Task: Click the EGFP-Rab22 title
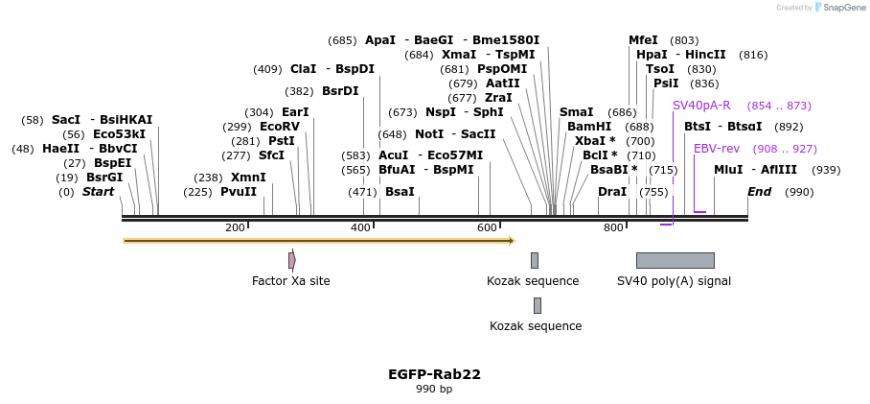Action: (434, 374)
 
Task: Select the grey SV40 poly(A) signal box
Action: (675, 260)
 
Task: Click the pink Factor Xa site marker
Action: (291, 260)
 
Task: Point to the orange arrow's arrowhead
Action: (512, 240)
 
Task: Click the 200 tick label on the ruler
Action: (235, 227)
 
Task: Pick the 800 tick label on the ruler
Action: (613, 227)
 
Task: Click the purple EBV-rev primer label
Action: (717, 149)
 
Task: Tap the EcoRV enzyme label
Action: (280, 127)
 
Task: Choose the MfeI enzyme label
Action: (643, 40)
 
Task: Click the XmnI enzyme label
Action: (248, 178)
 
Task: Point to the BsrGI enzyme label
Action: (104, 178)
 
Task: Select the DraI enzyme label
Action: (611, 192)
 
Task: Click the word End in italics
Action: (759, 192)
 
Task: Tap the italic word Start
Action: (98, 192)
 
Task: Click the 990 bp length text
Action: (434, 389)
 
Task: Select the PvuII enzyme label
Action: (239, 192)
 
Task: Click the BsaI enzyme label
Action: (400, 192)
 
